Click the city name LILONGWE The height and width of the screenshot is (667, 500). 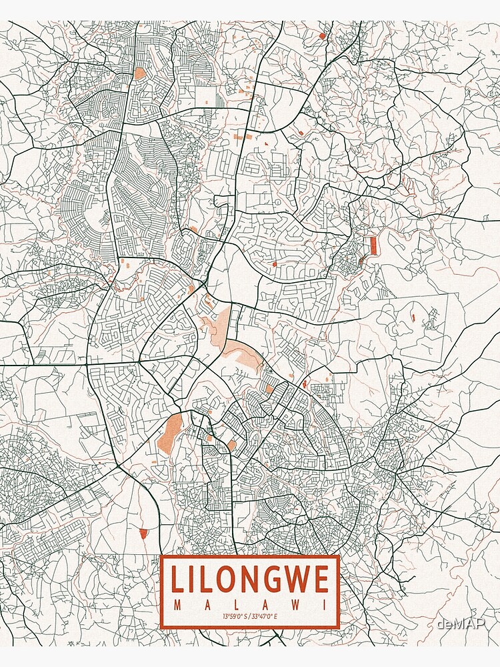tap(250, 579)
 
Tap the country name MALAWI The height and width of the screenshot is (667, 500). tap(250, 605)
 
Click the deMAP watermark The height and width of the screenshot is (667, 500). tap(461, 624)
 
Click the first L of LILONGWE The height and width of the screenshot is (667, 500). tap(178, 579)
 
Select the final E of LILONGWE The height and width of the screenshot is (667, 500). tap(321, 579)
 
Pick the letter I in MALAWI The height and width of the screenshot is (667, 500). tap(325, 605)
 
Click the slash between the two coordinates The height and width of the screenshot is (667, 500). tap(249, 616)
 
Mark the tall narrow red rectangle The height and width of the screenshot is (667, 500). tap(374, 245)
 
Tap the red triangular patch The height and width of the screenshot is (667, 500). tap(143, 533)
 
